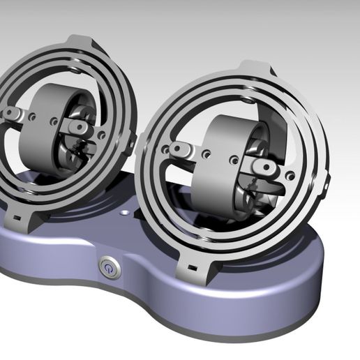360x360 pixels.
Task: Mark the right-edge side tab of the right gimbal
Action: pyautogui.click(x=326, y=182)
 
